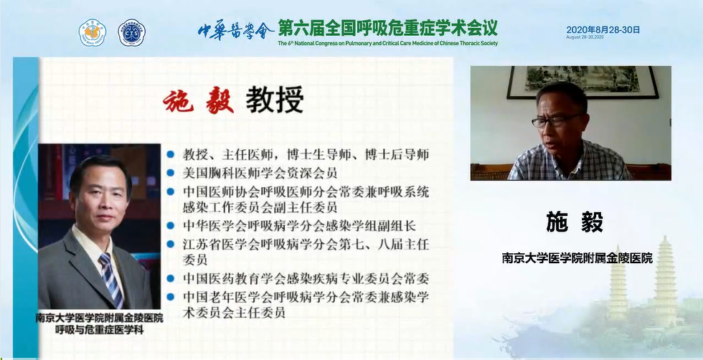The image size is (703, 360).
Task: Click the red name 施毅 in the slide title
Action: pos(198,101)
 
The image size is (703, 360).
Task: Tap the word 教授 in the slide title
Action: pos(274,100)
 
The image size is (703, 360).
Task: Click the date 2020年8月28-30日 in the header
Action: pos(603,30)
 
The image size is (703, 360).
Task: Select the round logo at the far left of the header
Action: pos(93,33)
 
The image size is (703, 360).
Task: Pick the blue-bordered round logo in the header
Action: pos(131,33)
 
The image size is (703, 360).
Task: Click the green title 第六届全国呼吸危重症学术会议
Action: pos(387,28)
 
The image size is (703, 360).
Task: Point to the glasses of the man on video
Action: pos(557,120)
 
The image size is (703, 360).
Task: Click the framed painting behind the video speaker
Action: pos(582,82)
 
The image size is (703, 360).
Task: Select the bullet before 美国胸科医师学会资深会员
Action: pos(171,173)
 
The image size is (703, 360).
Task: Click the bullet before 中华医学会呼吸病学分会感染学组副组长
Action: pos(171,225)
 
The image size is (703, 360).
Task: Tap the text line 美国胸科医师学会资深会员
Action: pos(260,173)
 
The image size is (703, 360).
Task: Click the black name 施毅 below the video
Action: pos(575,222)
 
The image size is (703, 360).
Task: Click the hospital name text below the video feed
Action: pos(577,258)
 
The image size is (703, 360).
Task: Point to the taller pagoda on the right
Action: pos(665,282)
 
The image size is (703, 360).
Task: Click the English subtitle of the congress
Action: pos(387,44)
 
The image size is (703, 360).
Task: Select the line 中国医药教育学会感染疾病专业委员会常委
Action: pos(306,278)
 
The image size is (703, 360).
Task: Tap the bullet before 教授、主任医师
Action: pos(171,155)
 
